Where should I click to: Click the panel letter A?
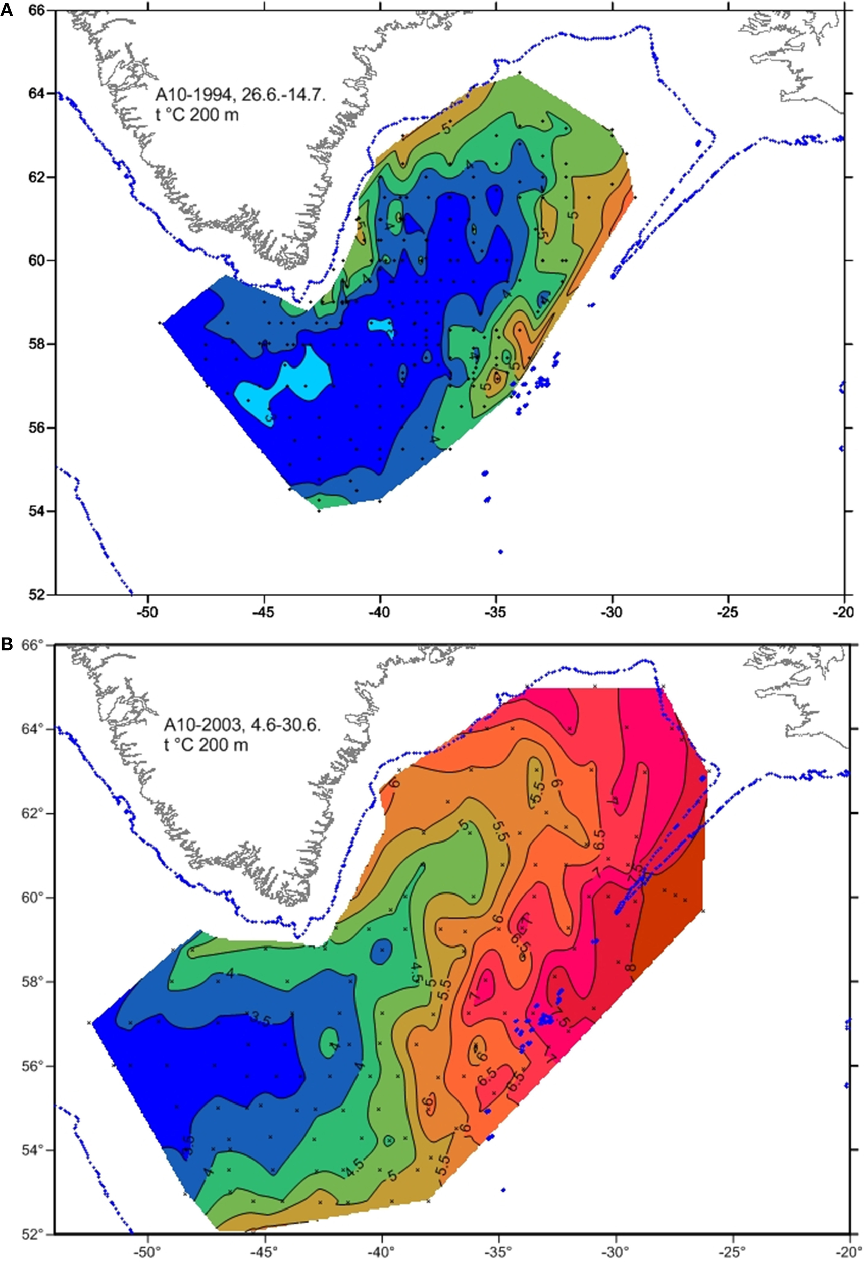click(x=7, y=10)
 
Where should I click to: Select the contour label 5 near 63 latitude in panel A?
click(x=446, y=129)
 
